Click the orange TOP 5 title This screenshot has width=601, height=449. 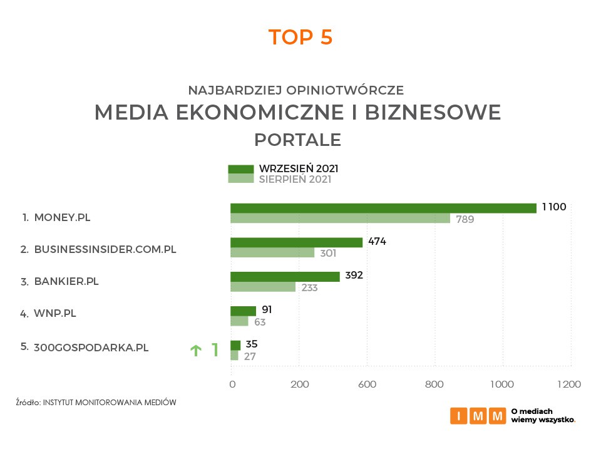coord(300,37)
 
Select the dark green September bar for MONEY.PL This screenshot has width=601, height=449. coord(383,208)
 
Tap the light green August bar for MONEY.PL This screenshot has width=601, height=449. coord(340,219)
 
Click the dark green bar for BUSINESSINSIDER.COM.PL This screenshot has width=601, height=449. coord(296,242)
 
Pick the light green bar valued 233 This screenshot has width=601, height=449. coord(263,287)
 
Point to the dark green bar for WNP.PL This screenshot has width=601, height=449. coord(243,311)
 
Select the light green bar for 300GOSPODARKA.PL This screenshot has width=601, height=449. coord(235,355)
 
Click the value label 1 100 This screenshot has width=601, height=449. coord(554,207)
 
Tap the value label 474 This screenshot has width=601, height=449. coord(377,242)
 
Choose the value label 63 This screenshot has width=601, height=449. coord(260,322)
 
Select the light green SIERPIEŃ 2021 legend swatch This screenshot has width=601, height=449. coord(241,178)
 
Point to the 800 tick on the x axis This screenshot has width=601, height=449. coord(434,384)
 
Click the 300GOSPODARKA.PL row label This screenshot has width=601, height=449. coord(91,348)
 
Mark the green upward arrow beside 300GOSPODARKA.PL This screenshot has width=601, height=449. coord(195,351)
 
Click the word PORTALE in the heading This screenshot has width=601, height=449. coord(297,139)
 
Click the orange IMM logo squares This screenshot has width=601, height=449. coord(478,416)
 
